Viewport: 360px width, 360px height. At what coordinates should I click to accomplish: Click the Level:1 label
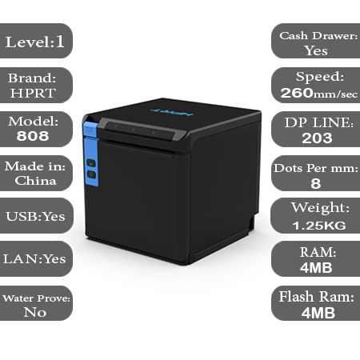click(35, 42)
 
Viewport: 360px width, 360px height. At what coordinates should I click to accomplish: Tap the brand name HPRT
click(33, 93)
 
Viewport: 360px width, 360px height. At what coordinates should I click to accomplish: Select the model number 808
click(33, 136)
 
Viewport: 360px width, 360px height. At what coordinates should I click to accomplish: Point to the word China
click(36, 181)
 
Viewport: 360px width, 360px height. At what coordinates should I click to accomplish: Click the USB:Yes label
click(35, 216)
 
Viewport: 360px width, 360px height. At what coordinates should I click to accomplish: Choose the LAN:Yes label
click(34, 258)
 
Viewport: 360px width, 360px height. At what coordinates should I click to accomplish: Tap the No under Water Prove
click(35, 312)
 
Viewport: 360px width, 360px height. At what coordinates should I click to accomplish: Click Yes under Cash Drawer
click(316, 50)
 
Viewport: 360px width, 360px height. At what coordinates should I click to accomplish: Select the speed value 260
click(297, 93)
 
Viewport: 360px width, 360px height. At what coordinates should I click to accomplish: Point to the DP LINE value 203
click(317, 138)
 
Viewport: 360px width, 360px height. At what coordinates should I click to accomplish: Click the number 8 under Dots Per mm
click(316, 183)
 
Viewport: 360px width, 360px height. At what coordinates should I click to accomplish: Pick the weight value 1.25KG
click(319, 226)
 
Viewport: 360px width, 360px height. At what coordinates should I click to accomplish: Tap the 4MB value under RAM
click(316, 267)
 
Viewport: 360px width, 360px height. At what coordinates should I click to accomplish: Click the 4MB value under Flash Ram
click(318, 313)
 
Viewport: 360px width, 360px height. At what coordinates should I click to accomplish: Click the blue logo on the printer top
click(171, 112)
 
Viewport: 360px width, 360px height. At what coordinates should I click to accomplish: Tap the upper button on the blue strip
click(91, 163)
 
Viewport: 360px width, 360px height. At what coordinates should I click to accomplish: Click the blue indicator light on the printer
click(116, 126)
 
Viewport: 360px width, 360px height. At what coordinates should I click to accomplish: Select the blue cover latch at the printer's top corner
click(90, 129)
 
